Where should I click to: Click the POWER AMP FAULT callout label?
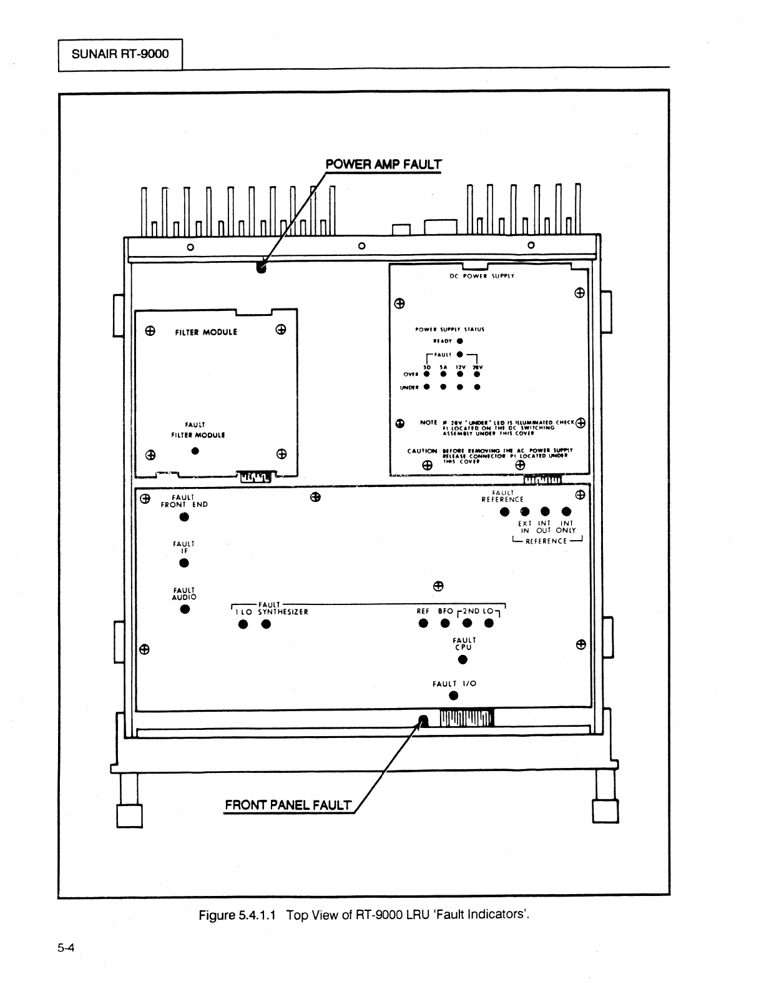click(383, 165)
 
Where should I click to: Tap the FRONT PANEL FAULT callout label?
click(288, 805)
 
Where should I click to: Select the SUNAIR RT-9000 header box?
click(120, 54)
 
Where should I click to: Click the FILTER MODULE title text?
click(205, 332)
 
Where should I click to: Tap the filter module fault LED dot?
click(195, 451)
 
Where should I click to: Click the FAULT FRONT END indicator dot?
click(184, 517)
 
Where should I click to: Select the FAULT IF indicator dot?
click(184, 563)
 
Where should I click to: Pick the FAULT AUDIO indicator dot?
click(185, 609)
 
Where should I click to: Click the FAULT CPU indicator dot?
click(463, 660)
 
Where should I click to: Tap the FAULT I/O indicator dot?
click(454, 696)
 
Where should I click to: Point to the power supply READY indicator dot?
click(459, 341)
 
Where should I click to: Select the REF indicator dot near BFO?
click(423, 623)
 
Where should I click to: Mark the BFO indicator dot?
click(445, 623)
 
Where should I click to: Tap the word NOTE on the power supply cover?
click(429, 423)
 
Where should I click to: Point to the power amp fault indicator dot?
click(261, 268)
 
